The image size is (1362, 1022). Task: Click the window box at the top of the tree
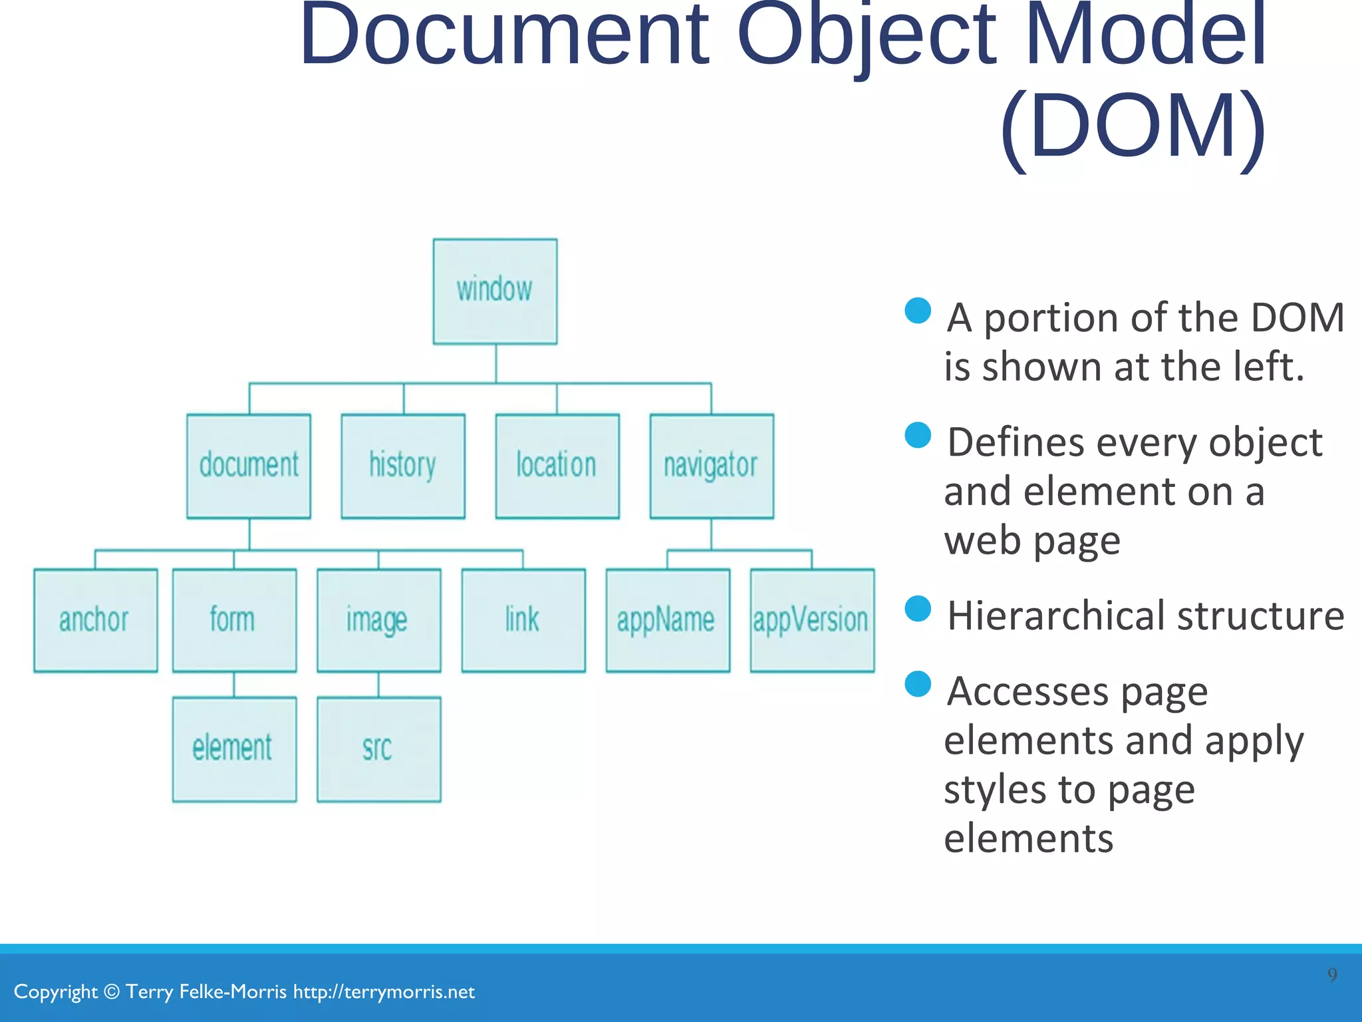495,291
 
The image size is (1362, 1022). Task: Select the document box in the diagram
249,466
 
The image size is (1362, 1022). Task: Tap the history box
403,466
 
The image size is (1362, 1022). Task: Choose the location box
557,466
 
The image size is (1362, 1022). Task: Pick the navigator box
712,466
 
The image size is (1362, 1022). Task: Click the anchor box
96,620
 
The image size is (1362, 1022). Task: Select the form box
234,620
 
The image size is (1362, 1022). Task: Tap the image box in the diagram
378,620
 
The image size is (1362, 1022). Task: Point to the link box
523,620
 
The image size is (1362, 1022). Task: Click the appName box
668,620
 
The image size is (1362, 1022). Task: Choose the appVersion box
812,620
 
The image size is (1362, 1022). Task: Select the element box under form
234,749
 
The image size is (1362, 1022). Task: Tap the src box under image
378,749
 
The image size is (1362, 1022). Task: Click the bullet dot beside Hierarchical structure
918,608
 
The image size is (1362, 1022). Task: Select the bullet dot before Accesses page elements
918,684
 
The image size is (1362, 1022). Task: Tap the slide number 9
1332,975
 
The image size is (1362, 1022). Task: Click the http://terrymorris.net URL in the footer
384,992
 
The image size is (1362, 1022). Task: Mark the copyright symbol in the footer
112,992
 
